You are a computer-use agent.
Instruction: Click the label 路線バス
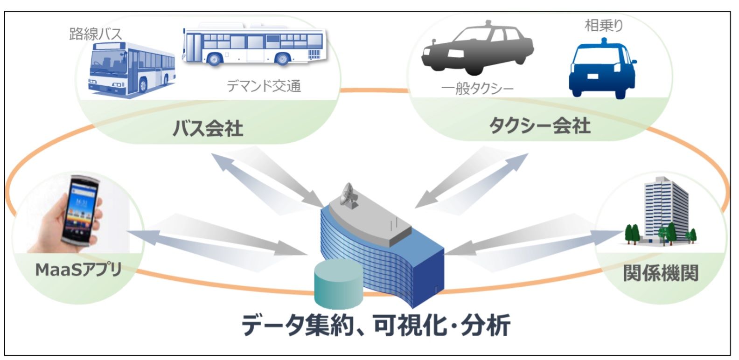(x=96, y=34)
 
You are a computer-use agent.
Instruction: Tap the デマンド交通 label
(x=264, y=86)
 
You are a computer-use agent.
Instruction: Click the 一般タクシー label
(x=477, y=89)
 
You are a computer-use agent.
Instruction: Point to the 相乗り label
(x=604, y=25)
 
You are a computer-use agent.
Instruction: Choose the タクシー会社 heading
(x=540, y=126)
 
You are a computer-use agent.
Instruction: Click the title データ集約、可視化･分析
(x=376, y=325)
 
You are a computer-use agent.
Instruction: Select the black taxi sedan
(x=477, y=49)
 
